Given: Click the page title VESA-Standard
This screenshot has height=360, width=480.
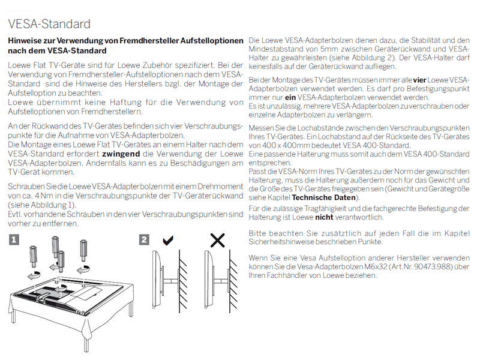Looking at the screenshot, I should pos(49,24).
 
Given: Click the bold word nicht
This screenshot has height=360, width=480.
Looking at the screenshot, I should pos(324,217).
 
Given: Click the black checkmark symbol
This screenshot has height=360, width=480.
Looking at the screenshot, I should pos(169,241).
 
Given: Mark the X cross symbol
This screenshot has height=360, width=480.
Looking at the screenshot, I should pos(217,241).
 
